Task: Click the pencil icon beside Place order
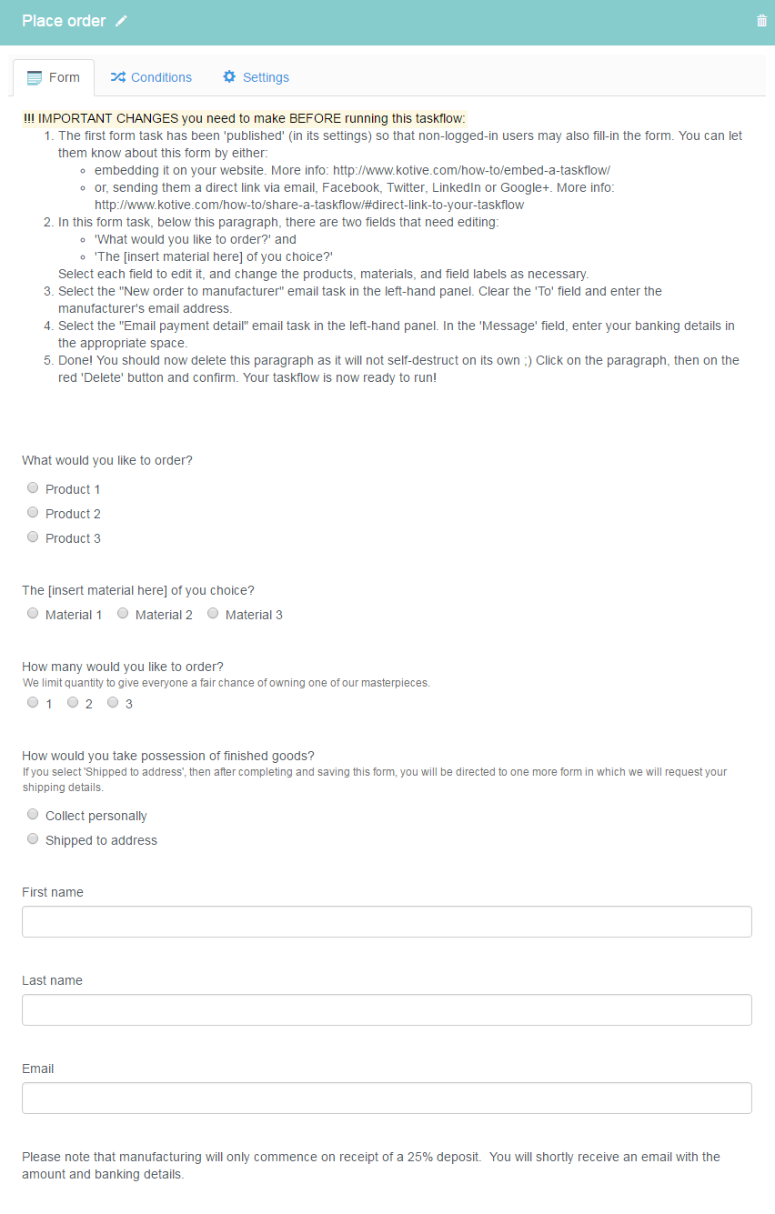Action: (x=122, y=21)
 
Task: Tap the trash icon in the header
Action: (x=761, y=21)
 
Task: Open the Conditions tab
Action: (x=151, y=77)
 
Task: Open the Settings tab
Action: (x=256, y=77)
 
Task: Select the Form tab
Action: (x=54, y=77)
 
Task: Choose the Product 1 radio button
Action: (x=33, y=488)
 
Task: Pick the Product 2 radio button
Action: (x=33, y=513)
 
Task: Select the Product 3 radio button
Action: (x=33, y=537)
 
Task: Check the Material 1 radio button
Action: (x=33, y=614)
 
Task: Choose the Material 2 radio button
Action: (x=123, y=614)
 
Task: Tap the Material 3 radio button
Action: (x=213, y=614)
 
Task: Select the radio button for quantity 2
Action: (x=73, y=703)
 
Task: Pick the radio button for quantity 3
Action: (x=113, y=703)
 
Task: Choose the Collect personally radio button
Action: (x=33, y=815)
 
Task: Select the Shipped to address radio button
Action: (x=33, y=839)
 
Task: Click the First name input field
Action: (x=387, y=921)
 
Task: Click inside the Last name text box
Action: (x=387, y=1009)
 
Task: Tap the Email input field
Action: (x=387, y=1098)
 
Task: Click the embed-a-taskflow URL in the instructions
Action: (x=471, y=170)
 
